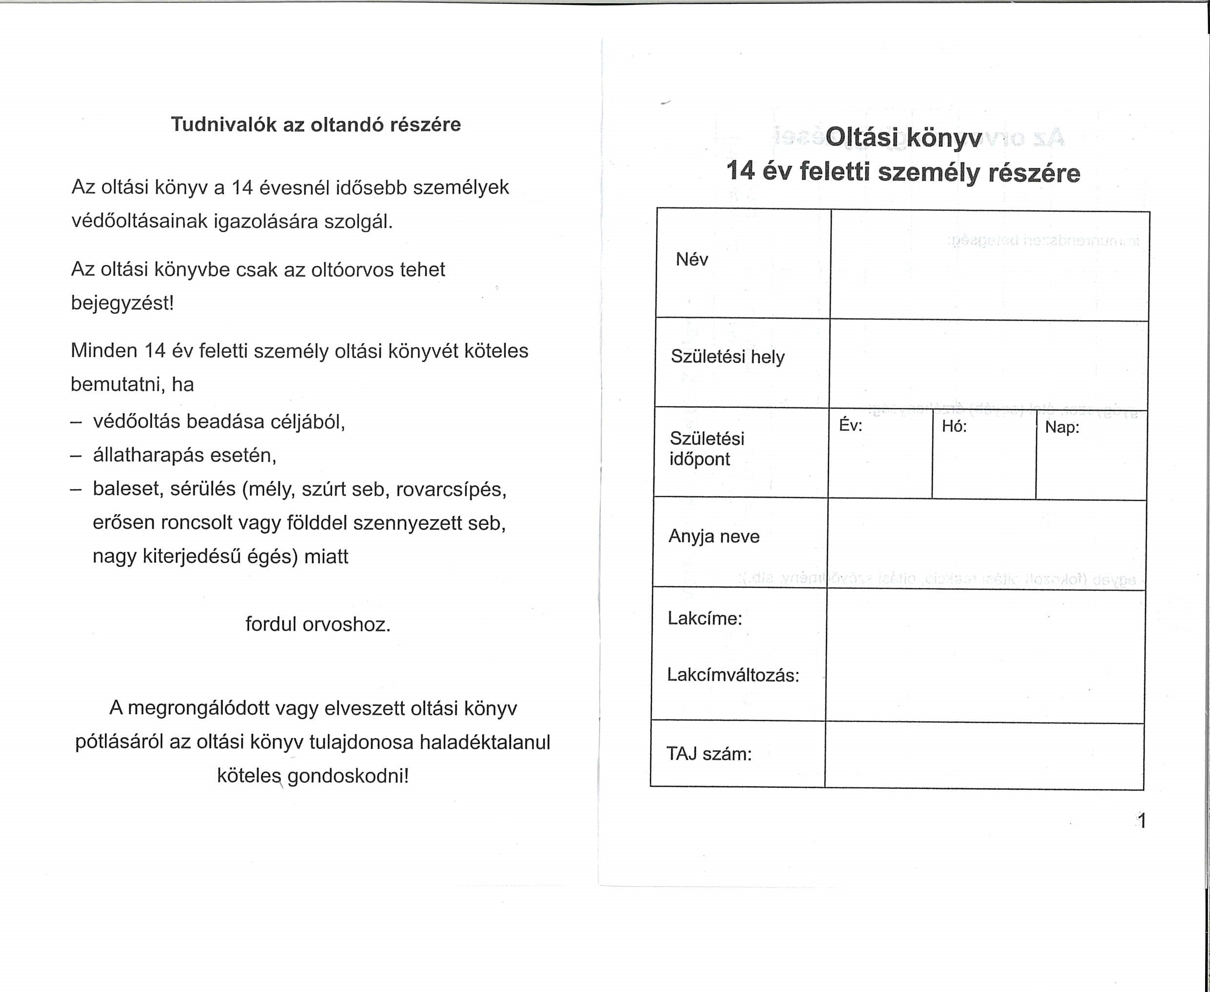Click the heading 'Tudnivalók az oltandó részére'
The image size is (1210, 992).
point(316,124)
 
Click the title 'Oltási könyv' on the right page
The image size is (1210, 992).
point(903,138)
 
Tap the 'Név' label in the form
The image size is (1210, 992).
point(692,260)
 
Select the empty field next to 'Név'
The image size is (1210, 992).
point(989,265)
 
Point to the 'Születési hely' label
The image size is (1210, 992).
point(727,357)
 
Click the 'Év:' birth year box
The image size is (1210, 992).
point(880,454)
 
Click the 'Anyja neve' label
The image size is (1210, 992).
point(714,537)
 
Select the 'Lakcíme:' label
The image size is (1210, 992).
point(705,618)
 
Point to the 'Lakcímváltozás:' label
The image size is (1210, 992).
point(733,675)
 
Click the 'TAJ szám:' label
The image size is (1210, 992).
point(709,754)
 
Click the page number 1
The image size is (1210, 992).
point(1141,821)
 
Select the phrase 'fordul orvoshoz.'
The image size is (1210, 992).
point(318,624)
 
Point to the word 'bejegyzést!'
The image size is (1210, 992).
point(122,303)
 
